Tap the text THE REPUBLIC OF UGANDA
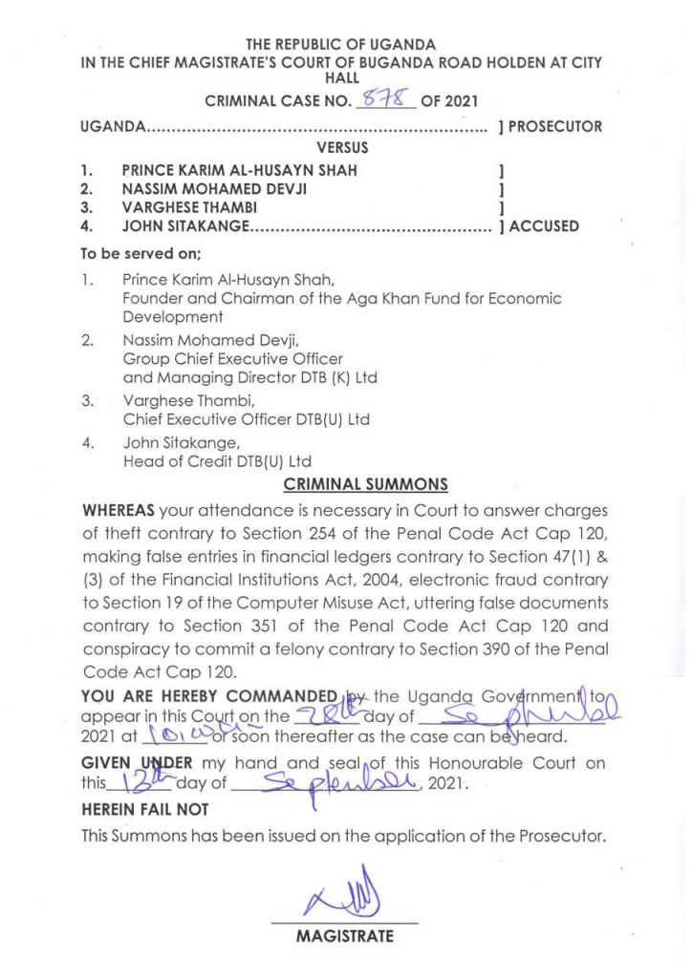tap(341, 44)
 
